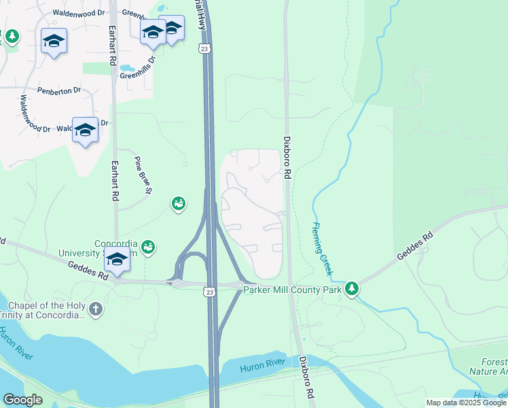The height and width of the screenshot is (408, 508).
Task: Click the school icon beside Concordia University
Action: [x=117, y=260]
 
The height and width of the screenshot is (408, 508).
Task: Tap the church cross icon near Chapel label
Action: [x=96, y=310]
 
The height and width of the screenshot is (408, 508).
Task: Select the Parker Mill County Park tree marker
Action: [x=351, y=289]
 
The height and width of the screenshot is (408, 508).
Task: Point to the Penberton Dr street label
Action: [x=59, y=90]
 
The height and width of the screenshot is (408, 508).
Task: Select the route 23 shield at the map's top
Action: [x=204, y=48]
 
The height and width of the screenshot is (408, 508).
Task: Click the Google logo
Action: [x=22, y=400]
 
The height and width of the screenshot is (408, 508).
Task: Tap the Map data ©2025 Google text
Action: [x=465, y=403]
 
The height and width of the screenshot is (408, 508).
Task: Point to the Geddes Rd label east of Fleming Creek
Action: [x=414, y=250]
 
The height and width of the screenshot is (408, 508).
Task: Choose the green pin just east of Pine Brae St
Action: [x=179, y=203]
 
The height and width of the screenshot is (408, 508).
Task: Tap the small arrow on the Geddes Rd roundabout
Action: [x=170, y=282]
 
